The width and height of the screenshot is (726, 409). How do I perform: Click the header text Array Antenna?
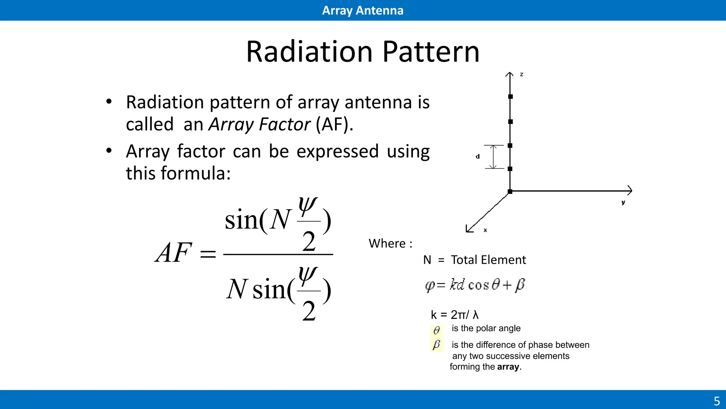pos(362,10)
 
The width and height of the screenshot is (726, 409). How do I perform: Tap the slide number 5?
pos(716,401)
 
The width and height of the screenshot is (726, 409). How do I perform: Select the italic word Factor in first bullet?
pos(284,125)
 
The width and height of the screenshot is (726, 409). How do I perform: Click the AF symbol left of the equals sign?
pos(173,252)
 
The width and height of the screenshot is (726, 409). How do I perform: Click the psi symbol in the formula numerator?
pos(307,206)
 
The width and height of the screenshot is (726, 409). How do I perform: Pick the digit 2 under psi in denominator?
pos(309,311)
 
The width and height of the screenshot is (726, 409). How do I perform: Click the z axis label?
pos(521,75)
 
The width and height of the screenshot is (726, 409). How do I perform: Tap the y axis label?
pos(623,202)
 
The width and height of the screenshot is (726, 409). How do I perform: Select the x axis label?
pos(485,230)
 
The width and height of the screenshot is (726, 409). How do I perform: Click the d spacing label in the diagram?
pos(478,157)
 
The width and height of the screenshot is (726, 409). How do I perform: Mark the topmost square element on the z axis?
pos(510,97)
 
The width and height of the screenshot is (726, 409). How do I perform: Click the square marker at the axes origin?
pos(510,191)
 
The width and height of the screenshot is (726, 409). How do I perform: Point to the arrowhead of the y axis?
pos(630,191)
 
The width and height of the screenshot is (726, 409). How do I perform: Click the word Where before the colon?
pos(387,244)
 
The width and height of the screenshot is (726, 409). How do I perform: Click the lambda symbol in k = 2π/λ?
pos(475,315)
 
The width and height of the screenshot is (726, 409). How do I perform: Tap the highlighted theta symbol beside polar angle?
pos(436,330)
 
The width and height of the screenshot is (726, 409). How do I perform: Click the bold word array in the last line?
pos(508,367)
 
